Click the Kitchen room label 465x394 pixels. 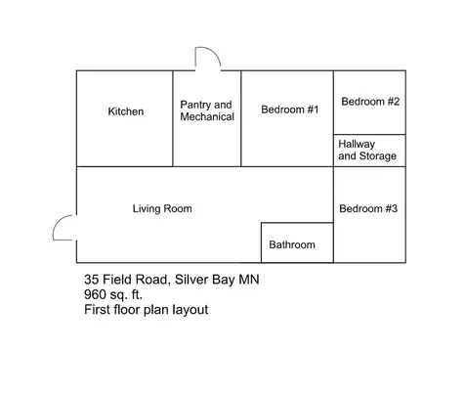[125, 111]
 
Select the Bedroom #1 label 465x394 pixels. [290, 109]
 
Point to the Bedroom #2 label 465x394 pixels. [369, 102]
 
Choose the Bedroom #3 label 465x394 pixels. [368, 208]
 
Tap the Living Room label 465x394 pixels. [162, 208]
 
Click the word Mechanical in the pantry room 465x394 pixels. [207, 117]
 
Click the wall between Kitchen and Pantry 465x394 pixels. [174, 118]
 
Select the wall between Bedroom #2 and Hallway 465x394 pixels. [369, 134]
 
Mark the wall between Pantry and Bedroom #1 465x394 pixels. [241, 118]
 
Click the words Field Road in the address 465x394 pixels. [139, 281]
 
